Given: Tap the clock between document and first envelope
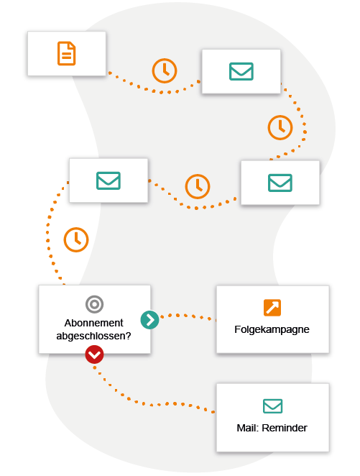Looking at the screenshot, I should pyautogui.click(x=165, y=70).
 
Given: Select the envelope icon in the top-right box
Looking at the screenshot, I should pyautogui.click(x=241, y=71).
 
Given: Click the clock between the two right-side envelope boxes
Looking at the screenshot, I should pyautogui.click(x=280, y=127).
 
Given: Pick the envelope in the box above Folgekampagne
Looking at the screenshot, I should pyautogui.click(x=280, y=183).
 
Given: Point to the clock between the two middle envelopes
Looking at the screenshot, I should pyautogui.click(x=198, y=186).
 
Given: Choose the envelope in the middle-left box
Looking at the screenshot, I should pyautogui.click(x=108, y=180).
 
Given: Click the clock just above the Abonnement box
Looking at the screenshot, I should pyautogui.click(x=76, y=239).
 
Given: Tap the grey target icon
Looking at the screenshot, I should pyautogui.click(x=94, y=304).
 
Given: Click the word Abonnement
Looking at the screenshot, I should pyautogui.click(x=94, y=322).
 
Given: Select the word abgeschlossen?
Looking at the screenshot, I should pyautogui.click(x=94, y=335).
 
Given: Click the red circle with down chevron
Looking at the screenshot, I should pyautogui.click(x=94, y=354).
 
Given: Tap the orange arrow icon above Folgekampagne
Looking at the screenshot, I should pyautogui.click(x=272, y=308).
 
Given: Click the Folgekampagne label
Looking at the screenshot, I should pyautogui.click(x=272, y=330).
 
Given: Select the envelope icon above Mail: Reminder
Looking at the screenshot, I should pyautogui.click(x=272, y=406).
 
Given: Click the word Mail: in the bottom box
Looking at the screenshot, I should pyautogui.click(x=248, y=428).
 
